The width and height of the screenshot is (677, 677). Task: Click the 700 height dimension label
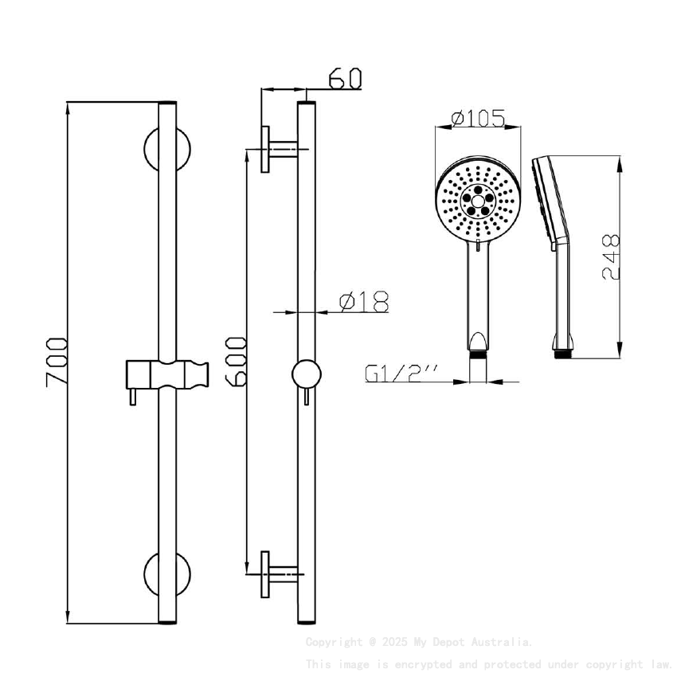point(55,362)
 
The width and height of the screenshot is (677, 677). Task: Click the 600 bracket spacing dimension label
point(236,362)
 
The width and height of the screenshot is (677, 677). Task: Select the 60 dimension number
point(345,78)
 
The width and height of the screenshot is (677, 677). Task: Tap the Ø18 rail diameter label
point(364,302)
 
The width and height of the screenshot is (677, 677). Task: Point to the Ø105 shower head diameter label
point(478,119)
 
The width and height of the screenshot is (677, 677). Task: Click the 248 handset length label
point(611,256)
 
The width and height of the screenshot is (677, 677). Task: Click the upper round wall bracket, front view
point(166,148)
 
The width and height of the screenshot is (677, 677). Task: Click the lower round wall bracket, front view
point(166,574)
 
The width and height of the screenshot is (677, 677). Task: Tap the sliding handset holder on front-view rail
point(168,374)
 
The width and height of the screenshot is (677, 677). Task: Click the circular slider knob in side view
point(306,374)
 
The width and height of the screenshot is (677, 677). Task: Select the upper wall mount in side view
point(276,147)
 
